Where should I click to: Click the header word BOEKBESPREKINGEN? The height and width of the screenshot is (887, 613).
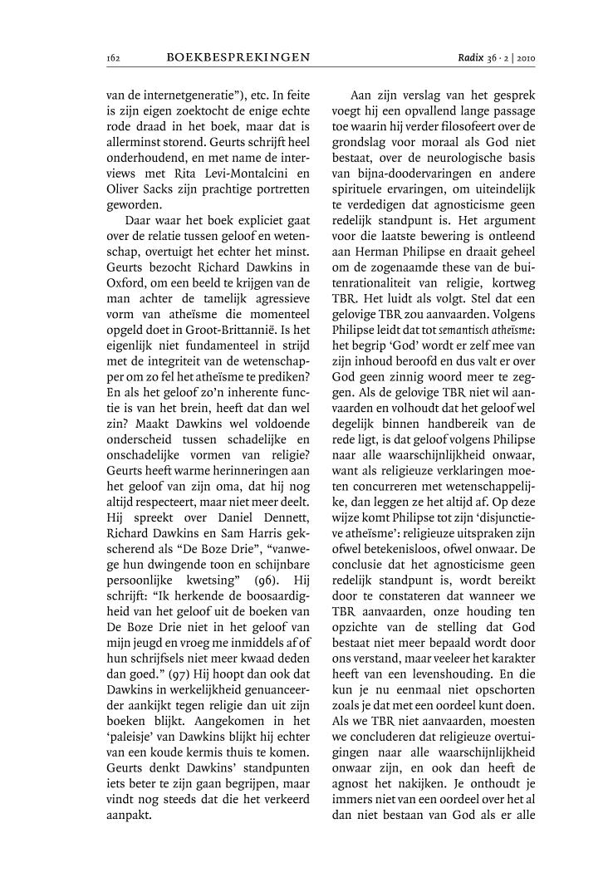[238, 57]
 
